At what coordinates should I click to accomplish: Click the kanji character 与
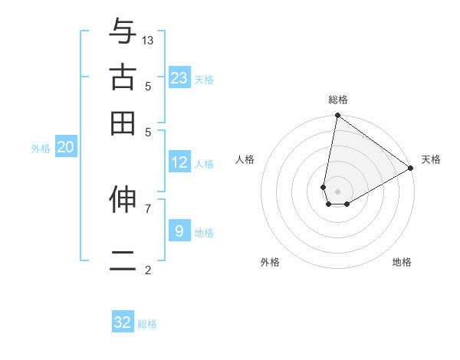(x=123, y=31)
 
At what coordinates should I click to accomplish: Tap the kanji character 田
(x=123, y=123)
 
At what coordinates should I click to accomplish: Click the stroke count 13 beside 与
(x=148, y=40)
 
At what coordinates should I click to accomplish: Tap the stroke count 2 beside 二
(x=148, y=270)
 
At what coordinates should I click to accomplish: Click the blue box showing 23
(x=179, y=78)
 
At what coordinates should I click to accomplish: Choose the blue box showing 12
(x=179, y=162)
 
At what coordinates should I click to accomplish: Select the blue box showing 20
(x=65, y=148)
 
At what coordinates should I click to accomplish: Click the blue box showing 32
(x=123, y=322)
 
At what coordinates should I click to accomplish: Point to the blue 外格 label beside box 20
(x=41, y=149)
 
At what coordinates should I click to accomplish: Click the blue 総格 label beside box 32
(x=147, y=324)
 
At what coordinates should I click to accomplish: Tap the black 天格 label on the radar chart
(x=431, y=159)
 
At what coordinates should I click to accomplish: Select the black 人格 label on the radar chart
(x=245, y=159)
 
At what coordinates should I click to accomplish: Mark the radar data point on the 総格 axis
(x=337, y=116)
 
